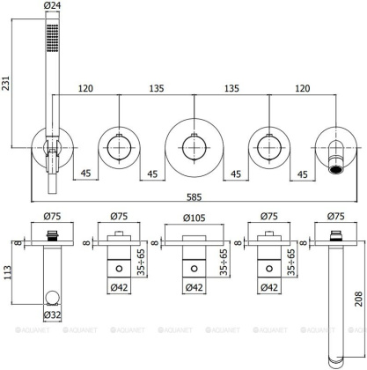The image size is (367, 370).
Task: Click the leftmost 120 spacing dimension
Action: click(x=85, y=88)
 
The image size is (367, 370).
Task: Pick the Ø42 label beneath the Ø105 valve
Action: click(x=194, y=311)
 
